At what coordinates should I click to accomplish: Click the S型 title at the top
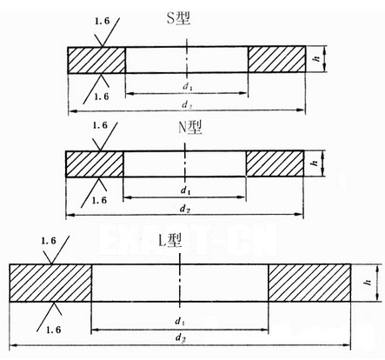[178, 19]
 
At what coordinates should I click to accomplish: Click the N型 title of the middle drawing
[189, 128]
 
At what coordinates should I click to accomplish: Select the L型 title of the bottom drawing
[170, 240]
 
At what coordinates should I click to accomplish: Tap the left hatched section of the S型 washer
[96, 60]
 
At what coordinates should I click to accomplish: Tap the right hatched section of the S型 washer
[277, 59]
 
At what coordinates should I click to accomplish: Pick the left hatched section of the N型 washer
[95, 163]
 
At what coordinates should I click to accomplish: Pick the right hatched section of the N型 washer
[275, 163]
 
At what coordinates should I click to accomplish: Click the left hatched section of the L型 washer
[50, 283]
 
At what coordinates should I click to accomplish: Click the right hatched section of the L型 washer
[309, 283]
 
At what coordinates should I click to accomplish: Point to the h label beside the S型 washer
[318, 58]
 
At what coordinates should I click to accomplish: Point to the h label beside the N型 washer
[315, 163]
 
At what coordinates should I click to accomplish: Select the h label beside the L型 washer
[368, 282]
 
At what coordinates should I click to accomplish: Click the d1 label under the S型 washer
[187, 86]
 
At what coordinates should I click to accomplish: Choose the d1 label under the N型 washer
[185, 190]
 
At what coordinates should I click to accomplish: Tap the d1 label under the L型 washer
[180, 321]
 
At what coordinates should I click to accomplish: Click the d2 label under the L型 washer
[181, 337]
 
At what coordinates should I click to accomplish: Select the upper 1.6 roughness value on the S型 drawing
[102, 21]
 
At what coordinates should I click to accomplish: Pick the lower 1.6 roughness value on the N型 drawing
[99, 200]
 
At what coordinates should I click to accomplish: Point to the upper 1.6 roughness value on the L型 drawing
[49, 241]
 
